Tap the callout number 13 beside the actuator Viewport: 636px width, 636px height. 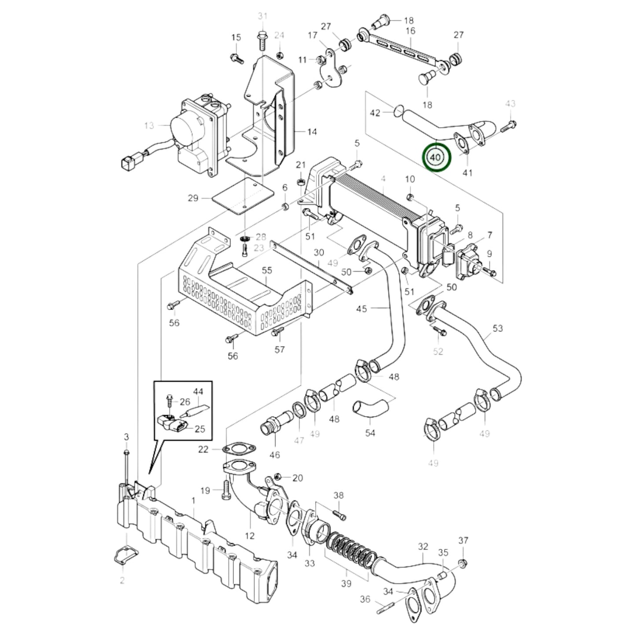pyautogui.click(x=149, y=126)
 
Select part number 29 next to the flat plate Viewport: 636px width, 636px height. pyautogui.click(x=193, y=199)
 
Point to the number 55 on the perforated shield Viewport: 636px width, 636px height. pyautogui.click(x=267, y=271)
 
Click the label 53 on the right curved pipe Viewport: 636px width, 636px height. pyautogui.click(x=497, y=328)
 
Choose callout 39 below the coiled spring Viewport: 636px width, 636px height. pyautogui.click(x=346, y=584)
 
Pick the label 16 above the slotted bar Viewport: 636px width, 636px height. pyautogui.click(x=410, y=31)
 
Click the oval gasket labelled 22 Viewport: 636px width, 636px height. pyautogui.click(x=239, y=450)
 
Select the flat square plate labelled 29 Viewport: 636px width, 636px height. pyautogui.click(x=242, y=198)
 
